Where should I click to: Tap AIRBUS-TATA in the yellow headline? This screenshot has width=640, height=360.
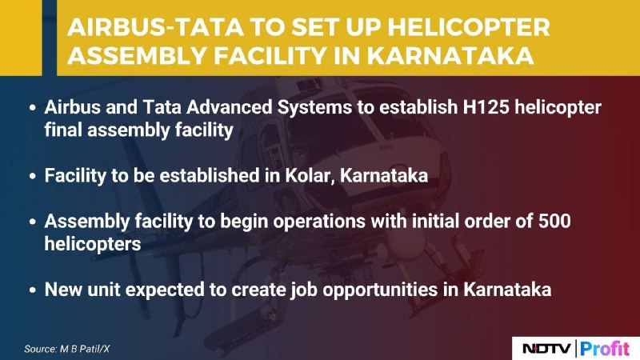click(x=155, y=28)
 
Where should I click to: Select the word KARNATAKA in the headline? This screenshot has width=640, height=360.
click(x=450, y=55)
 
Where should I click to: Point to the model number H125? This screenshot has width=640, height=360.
click(x=486, y=107)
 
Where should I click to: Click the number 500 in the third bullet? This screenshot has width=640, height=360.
click(x=554, y=222)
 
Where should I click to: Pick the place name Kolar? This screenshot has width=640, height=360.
click(x=310, y=176)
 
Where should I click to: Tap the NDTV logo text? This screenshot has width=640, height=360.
click(x=546, y=349)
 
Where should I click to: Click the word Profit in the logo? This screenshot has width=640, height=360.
click(x=606, y=349)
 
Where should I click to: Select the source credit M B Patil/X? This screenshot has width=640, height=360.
click(x=85, y=349)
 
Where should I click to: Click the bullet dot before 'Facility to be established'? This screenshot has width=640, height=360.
click(x=33, y=177)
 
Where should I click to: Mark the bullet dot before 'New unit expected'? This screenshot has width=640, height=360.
click(x=33, y=290)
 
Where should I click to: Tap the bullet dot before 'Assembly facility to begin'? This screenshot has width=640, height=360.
click(x=33, y=222)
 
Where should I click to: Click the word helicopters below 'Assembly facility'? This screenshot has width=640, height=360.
click(x=93, y=245)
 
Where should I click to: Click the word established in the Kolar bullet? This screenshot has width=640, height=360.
click(x=209, y=176)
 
